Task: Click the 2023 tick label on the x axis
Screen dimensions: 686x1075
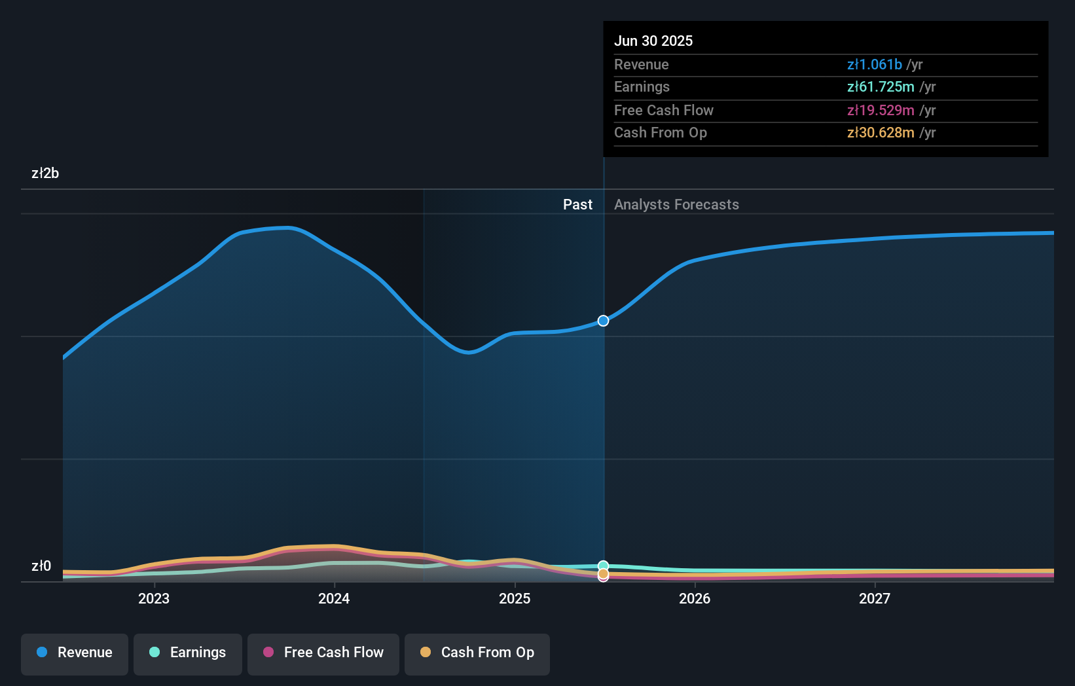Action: click(154, 598)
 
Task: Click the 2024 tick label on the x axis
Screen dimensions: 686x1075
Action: click(334, 598)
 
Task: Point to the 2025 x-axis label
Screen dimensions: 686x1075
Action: click(515, 598)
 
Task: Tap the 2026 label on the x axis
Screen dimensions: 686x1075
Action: click(695, 598)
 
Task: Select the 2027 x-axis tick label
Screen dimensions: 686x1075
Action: click(875, 598)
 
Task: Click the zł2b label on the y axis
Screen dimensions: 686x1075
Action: click(45, 173)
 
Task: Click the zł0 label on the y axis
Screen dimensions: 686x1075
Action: click(41, 566)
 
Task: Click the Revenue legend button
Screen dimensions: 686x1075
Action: click(75, 653)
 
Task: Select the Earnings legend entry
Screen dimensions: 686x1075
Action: click(188, 653)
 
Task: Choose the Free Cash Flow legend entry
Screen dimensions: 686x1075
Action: click(323, 653)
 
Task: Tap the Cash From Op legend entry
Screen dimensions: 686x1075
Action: click(477, 653)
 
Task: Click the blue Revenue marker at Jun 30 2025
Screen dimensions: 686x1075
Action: click(603, 321)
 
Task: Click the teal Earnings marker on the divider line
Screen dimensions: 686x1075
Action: click(603, 566)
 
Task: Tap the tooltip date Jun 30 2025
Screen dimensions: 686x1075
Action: click(653, 41)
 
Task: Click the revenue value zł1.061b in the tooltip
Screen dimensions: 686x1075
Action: click(874, 64)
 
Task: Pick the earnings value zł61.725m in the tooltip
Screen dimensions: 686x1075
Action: click(880, 87)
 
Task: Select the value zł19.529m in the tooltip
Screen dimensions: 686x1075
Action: click(880, 110)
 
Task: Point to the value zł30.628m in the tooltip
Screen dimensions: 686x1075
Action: click(880, 133)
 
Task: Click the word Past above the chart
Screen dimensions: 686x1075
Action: click(577, 205)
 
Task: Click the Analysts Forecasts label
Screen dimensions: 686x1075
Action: click(676, 205)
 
